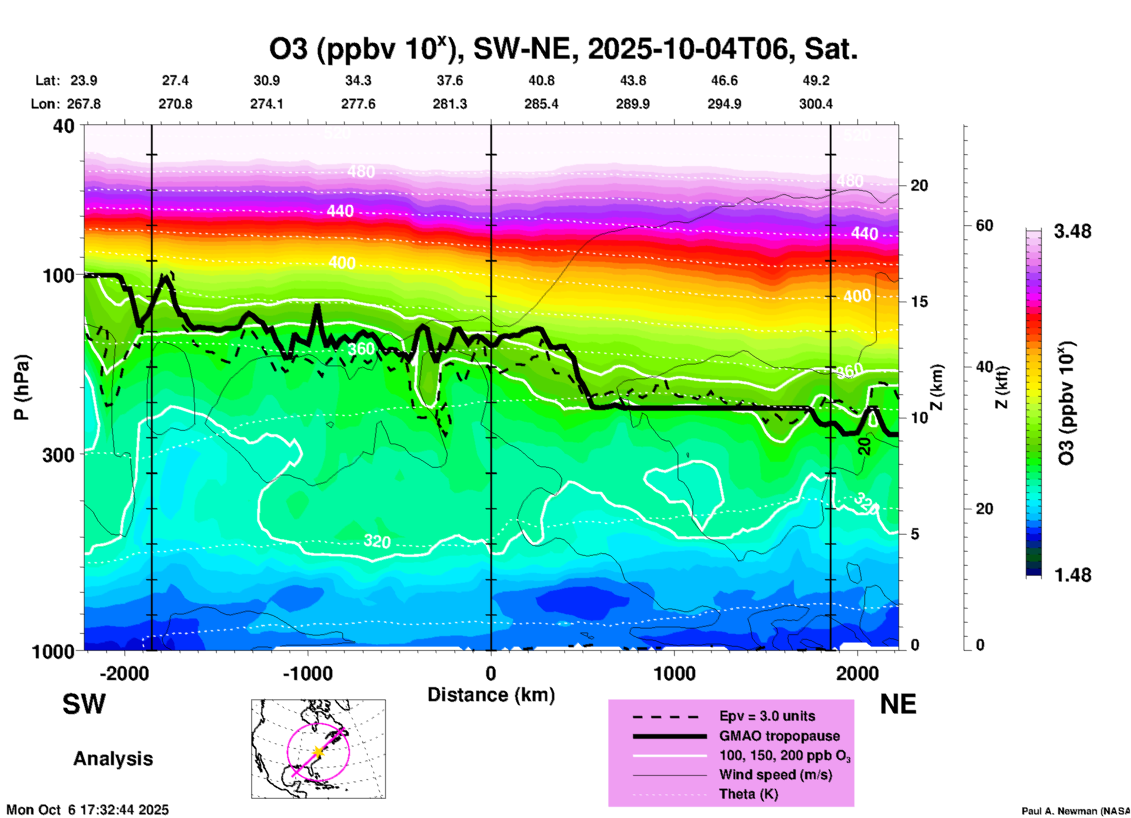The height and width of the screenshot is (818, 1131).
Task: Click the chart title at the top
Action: click(563, 49)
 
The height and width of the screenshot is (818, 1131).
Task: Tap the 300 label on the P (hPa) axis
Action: click(59, 455)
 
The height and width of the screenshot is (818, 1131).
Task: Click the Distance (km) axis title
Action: click(491, 695)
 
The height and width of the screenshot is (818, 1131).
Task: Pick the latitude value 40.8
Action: click(541, 80)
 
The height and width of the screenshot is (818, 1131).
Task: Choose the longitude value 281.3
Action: click(450, 104)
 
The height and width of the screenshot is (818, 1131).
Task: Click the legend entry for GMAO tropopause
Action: click(779, 736)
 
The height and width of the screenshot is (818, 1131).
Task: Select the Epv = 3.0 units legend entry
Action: click(767, 716)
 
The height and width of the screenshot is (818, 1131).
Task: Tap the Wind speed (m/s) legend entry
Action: click(775, 775)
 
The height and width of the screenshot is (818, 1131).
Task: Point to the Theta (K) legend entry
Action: click(748, 794)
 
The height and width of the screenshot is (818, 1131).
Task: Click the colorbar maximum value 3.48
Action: click(1072, 232)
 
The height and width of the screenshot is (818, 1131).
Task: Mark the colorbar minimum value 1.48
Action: click(1072, 575)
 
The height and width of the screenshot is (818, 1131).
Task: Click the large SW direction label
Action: click(84, 704)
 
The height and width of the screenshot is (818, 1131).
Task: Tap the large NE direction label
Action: click(898, 704)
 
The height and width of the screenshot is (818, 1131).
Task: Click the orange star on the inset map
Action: click(318, 752)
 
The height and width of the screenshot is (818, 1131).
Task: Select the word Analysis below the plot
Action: click(113, 759)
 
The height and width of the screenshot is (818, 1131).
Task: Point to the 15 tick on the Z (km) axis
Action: click(919, 302)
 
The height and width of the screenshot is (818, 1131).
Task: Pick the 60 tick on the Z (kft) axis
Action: click(984, 225)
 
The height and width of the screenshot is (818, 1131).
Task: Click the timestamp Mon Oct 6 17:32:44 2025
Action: click(87, 810)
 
